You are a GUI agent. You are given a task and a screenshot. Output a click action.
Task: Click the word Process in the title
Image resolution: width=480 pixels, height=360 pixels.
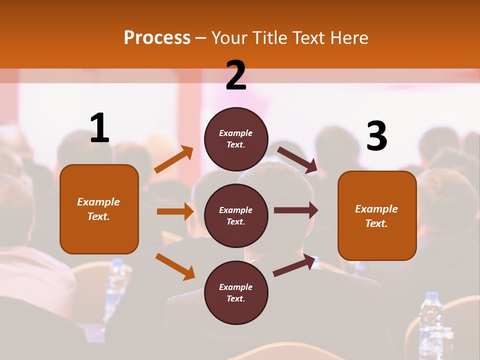pyautogui.click(x=157, y=38)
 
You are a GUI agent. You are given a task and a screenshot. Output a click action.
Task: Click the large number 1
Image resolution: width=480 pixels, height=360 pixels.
pyautogui.click(x=99, y=128)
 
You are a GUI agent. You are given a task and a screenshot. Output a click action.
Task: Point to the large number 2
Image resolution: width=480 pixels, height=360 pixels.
pyautogui.click(x=236, y=75)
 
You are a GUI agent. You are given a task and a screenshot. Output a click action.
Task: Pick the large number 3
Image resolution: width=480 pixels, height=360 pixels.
pyautogui.click(x=376, y=136)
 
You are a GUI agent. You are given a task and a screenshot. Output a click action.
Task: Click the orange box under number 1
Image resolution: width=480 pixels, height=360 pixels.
pyautogui.click(x=99, y=209)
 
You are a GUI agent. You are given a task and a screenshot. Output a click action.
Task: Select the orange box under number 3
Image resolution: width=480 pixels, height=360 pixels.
pyautogui.click(x=377, y=215)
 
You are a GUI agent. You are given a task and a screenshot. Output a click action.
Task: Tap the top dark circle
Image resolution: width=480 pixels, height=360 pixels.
pyautogui.click(x=236, y=139)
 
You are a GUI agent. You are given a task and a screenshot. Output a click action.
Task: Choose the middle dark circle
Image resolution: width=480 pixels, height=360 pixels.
pyautogui.click(x=236, y=215)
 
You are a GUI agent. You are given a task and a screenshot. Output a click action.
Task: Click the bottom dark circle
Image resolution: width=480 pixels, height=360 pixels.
pyautogui.click(x=236, y=292)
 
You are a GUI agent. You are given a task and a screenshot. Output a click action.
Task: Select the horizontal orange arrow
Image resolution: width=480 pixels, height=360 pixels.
pyautogui.click(x=175, y=211)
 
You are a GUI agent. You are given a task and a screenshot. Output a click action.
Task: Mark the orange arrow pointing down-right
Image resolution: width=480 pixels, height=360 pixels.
pyautogui.click(x=175, y=266)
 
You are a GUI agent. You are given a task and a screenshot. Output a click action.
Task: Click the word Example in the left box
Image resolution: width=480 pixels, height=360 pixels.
pyautogui.click(x=98, y=202)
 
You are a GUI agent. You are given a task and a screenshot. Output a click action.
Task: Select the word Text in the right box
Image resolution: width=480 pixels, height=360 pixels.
pyautogui.click(x=376, y=223)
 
